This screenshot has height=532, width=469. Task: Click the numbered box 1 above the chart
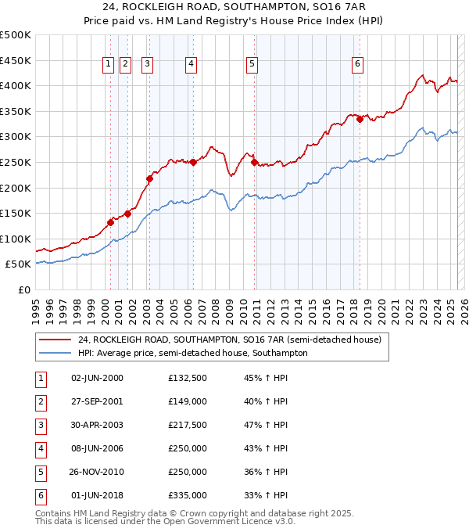click(x=107, y=65)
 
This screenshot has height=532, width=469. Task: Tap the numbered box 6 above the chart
click(x=357, y=65)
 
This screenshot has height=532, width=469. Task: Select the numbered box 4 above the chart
click(x=191, y=65)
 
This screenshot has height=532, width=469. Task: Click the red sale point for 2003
click(x=149, y=178)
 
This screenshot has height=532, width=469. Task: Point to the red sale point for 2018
click(x=360, y=119)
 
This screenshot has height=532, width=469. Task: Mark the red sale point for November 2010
click(x=255, y=162)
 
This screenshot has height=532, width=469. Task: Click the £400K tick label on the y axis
click(x=16, y=85)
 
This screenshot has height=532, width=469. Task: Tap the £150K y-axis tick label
click(x=16, y=213)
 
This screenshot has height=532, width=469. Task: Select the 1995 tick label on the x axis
click(x=36, y=306)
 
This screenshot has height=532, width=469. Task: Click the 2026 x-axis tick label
click(x=464, y=306)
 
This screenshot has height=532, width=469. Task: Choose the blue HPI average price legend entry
click(x=192, y=353)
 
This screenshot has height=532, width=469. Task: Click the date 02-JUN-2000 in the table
click(x=97, y=378)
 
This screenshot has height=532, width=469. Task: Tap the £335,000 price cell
click(x=188, y=495)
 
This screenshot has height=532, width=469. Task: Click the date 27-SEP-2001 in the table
click(x=97, y=401)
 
